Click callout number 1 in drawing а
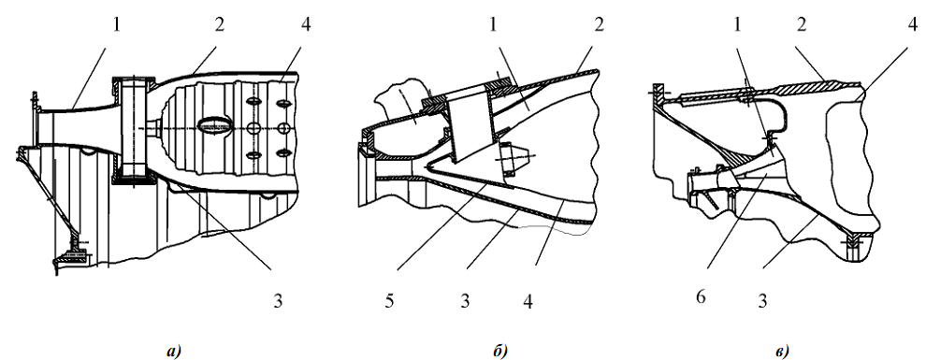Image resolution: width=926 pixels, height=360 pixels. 116,25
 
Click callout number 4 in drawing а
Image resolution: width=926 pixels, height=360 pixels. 304,25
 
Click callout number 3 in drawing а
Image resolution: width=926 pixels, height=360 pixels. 278,301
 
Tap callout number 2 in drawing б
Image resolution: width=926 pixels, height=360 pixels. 598,25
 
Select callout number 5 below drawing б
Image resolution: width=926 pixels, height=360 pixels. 391,301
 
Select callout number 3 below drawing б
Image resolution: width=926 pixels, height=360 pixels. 465,301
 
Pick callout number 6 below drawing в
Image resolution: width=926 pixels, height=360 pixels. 701,296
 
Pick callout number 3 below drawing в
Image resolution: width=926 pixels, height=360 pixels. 762,301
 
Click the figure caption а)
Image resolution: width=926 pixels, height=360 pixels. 173,352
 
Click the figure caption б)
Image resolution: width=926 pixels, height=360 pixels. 499,352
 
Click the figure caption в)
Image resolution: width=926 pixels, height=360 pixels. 781,352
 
